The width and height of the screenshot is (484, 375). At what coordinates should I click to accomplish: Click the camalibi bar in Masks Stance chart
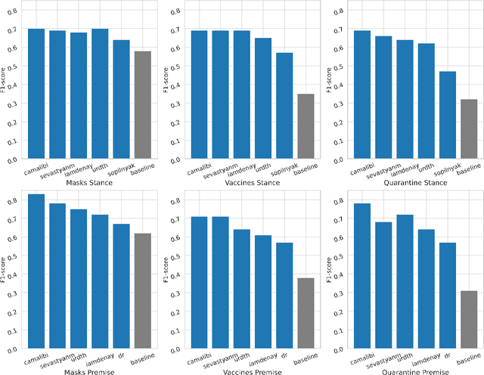[x=36, y=95]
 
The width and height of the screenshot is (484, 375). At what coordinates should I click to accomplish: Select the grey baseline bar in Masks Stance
[x=142, y=106]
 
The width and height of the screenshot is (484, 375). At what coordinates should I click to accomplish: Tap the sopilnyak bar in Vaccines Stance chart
[x=284, y=107]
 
